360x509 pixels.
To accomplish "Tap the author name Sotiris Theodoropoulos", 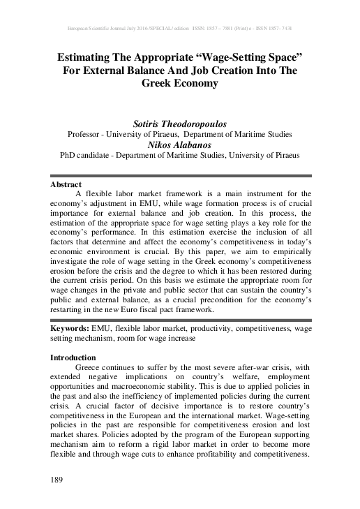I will [x=180, y=123].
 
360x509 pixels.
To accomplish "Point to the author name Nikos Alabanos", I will [x=180, y=145].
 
